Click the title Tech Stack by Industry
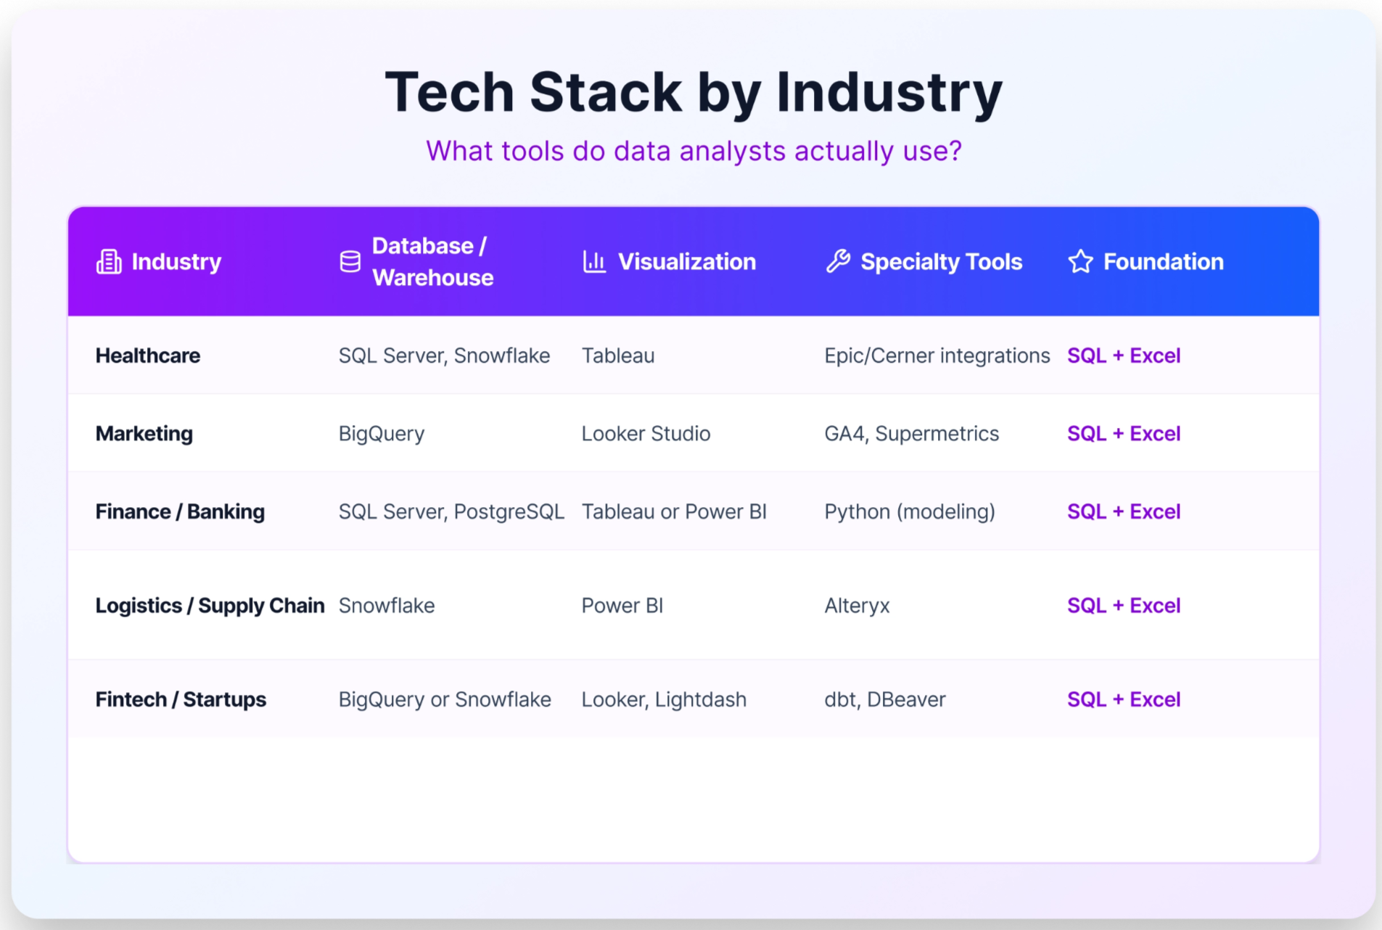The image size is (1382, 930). click(694, 93)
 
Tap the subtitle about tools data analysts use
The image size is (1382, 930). click(694, 151)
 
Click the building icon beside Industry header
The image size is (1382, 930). click(109, 262)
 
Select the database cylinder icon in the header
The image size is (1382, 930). click(350, 262)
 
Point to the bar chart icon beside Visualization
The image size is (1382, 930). click(594, 262)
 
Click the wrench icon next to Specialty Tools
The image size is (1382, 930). click(838, 261)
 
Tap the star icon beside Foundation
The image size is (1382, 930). click(1081, 261)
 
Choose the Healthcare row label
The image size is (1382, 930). click(148, 355)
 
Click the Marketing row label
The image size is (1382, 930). click(144, 433)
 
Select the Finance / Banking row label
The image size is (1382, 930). click(180, 511)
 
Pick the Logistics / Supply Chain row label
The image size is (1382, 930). click(210, 605)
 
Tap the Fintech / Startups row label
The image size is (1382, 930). click(181, 699)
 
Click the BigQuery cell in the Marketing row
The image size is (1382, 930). click(382, 434)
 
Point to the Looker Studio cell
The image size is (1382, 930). click(646, 433)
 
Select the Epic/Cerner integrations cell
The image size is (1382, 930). click(937, 355)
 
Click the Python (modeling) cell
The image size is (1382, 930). click(910, 512)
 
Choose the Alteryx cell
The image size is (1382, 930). click(857, 606)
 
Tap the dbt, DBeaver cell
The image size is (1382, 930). click(885, 699)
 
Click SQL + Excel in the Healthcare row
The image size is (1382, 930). click(1124, 355)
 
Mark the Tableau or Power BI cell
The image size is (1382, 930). click(674, 511)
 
